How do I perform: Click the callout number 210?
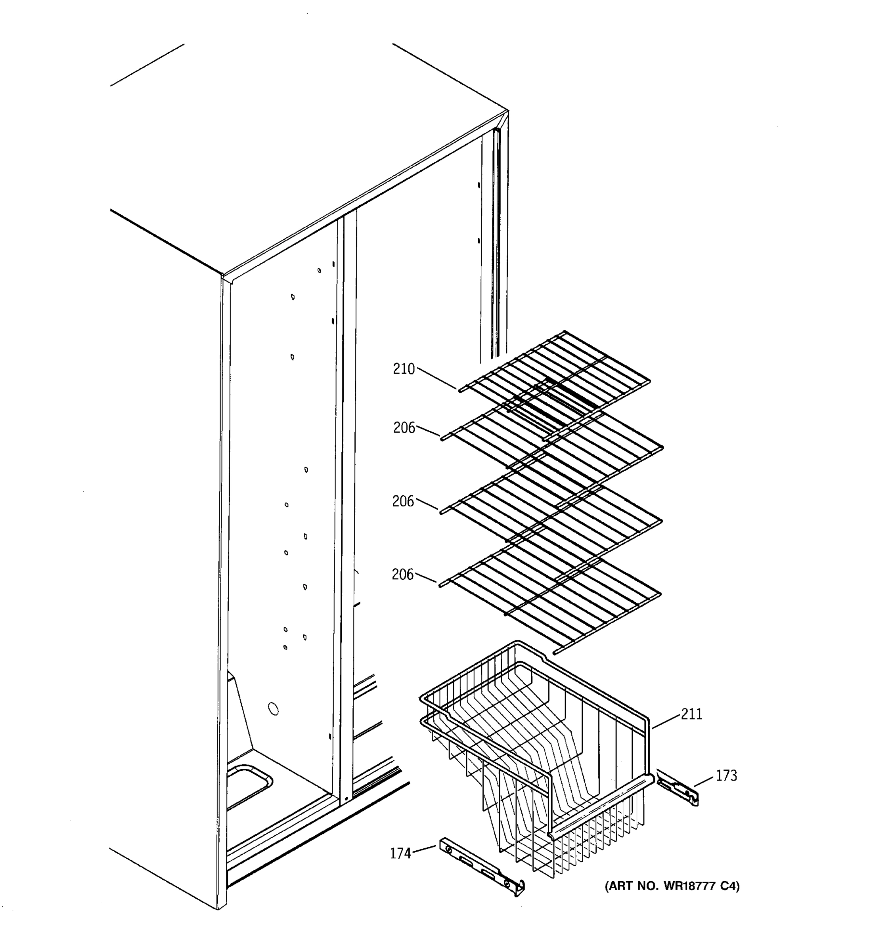coord(404,369)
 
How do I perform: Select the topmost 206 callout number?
coord(404,428)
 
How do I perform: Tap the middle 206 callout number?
coord(403,501)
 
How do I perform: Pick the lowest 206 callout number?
coord(402,575)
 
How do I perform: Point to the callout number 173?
coord(726,775)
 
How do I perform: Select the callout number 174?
coord(400,854)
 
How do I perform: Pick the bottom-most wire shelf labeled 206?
coord(550,598)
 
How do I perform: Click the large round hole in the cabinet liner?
coord(273,709)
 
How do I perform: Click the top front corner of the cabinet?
coord(223,277)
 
